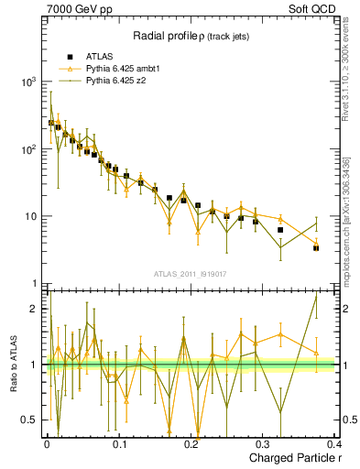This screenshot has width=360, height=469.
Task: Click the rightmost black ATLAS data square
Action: click(x=316, y=248)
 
